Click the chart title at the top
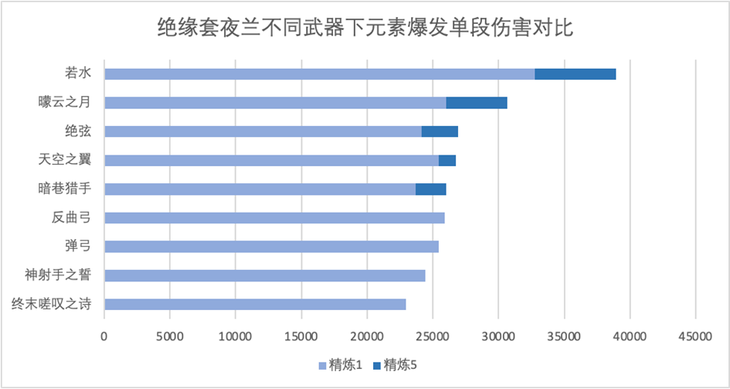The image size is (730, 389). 365,29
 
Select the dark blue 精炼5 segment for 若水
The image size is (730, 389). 575,74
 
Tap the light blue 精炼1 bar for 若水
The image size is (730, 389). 319,74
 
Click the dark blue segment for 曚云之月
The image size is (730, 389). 476,103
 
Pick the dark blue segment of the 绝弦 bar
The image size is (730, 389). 440,131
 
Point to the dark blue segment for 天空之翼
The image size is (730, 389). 446,160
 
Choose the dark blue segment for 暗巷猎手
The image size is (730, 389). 430,189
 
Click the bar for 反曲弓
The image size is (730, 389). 274,217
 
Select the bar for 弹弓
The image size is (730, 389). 271,247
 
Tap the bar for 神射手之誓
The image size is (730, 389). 264,275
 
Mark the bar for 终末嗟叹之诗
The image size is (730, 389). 255,304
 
